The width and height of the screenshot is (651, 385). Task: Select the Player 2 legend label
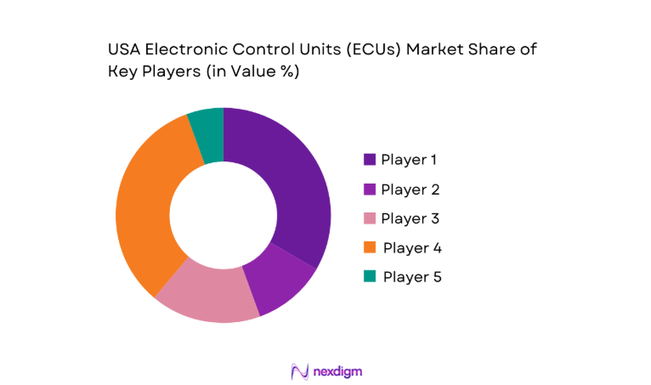(410, 190)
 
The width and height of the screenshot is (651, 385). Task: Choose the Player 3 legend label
(410, 218)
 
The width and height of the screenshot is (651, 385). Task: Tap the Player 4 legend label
(411, 248)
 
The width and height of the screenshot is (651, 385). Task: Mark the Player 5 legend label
(411, 277)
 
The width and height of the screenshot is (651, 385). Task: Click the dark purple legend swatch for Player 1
(370, 160)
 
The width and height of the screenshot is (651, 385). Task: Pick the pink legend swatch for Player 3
(370, 218)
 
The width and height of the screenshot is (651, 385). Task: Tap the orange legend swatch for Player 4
(370, 248)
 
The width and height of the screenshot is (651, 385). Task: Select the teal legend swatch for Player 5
(370, 277)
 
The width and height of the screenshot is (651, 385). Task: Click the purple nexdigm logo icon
(297, 371)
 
